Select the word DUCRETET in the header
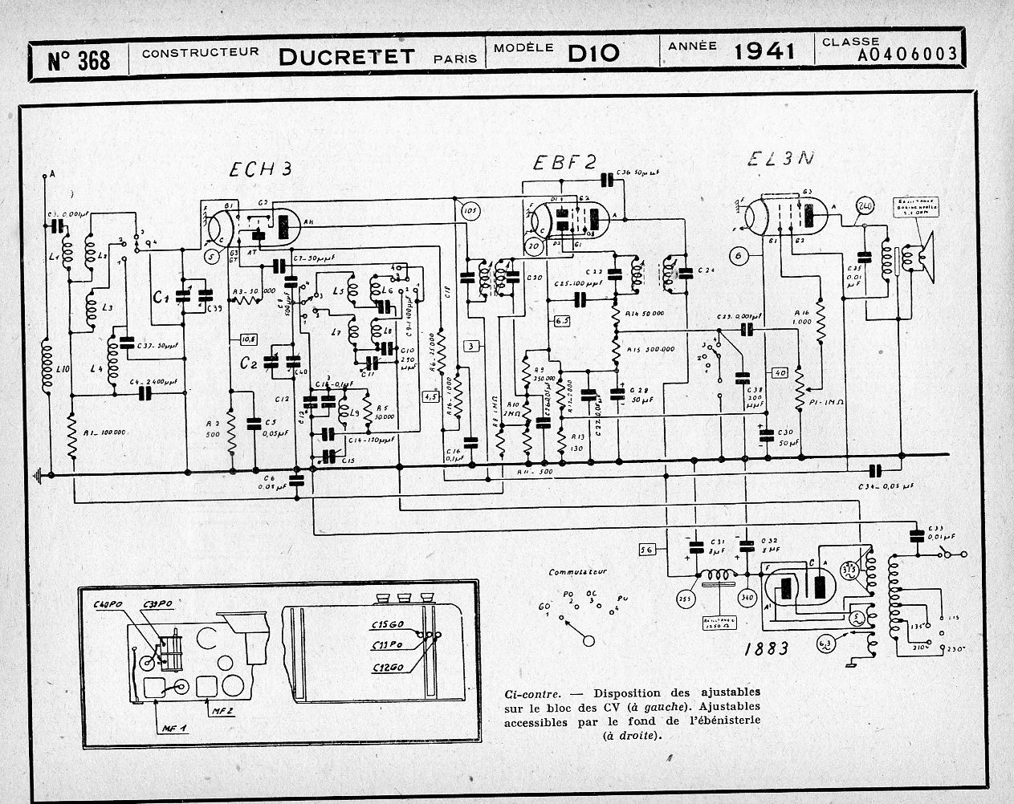347,56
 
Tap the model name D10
593,54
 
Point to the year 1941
764,51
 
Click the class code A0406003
906,55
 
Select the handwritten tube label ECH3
259,169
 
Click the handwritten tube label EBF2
564,163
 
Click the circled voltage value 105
470,212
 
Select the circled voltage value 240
865,205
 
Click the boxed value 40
779,372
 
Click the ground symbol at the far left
36,476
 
